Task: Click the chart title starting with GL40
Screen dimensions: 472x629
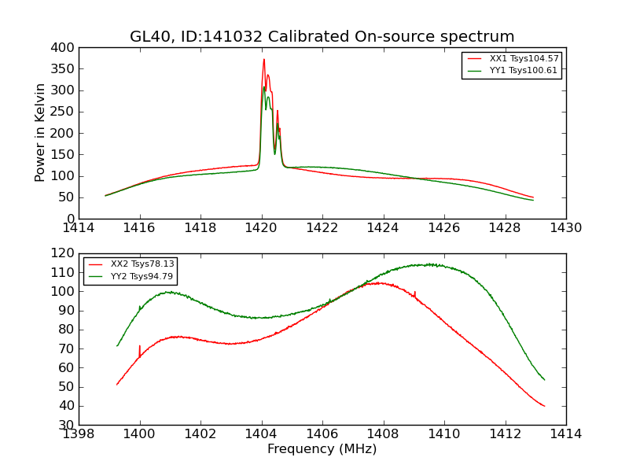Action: point(322,37)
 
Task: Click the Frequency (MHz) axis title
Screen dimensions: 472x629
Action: point(322,449)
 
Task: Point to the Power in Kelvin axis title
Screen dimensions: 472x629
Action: point(41,133)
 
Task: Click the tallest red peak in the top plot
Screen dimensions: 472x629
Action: point(264,60)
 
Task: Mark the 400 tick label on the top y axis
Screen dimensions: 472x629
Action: point(64,47)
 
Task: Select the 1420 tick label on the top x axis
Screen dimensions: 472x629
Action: point(262,228)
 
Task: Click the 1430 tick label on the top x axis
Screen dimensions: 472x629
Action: point(566,228)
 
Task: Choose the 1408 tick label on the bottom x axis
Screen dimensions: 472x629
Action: point(383,434)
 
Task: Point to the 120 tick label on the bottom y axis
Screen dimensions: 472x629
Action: point(64,253)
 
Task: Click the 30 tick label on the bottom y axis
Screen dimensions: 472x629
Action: point(68,425)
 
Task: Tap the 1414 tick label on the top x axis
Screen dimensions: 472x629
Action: point(79,228)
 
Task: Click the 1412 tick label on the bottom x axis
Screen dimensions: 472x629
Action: point(505,434)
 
